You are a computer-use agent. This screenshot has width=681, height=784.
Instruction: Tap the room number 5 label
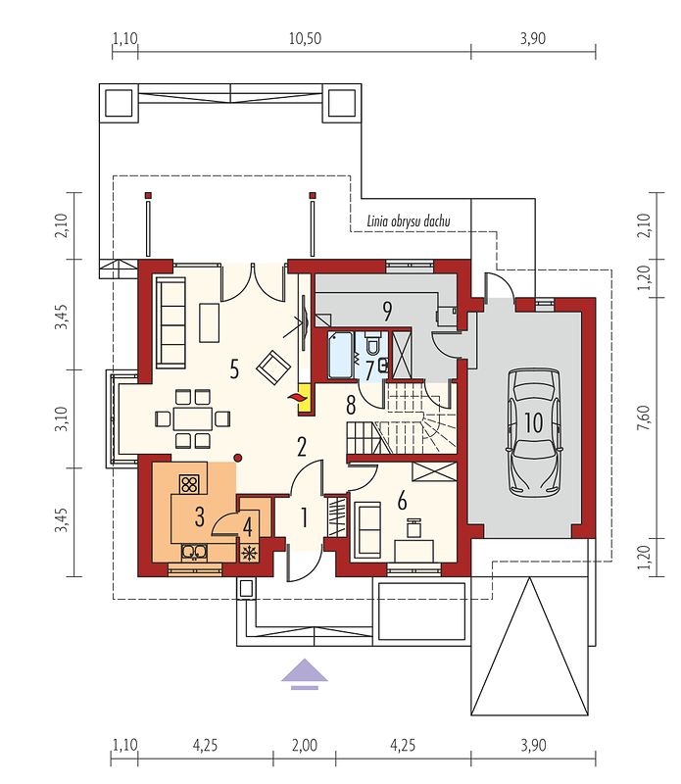234,369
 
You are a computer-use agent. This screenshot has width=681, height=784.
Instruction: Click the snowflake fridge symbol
250,553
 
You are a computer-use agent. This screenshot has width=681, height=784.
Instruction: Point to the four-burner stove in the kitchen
188,483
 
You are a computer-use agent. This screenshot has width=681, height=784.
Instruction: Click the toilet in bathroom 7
372,342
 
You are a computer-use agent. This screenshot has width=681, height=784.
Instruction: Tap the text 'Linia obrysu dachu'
409,220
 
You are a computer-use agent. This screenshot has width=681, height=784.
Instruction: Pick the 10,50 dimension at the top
305,38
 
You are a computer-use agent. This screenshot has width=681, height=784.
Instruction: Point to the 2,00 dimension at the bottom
304,745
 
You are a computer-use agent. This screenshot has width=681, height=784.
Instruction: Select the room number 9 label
387,311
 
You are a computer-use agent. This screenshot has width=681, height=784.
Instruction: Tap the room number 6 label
402,501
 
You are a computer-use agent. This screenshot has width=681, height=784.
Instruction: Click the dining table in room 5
193,418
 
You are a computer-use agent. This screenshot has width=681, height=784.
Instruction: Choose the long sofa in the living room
170,323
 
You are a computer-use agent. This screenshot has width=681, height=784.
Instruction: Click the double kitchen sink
194,552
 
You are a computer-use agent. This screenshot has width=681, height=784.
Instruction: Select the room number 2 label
302,447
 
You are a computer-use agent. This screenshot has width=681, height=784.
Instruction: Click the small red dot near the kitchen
238,458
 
